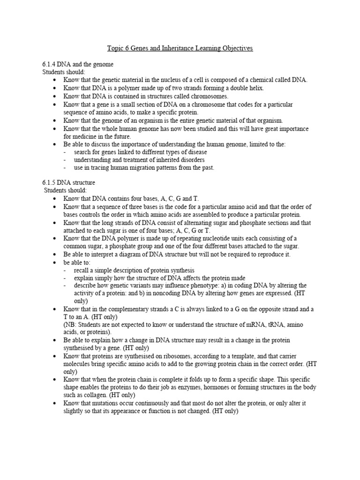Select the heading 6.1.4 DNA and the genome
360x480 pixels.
point(77,64)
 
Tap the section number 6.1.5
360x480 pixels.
point(49,182)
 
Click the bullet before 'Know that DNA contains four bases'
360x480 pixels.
point(55,199)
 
